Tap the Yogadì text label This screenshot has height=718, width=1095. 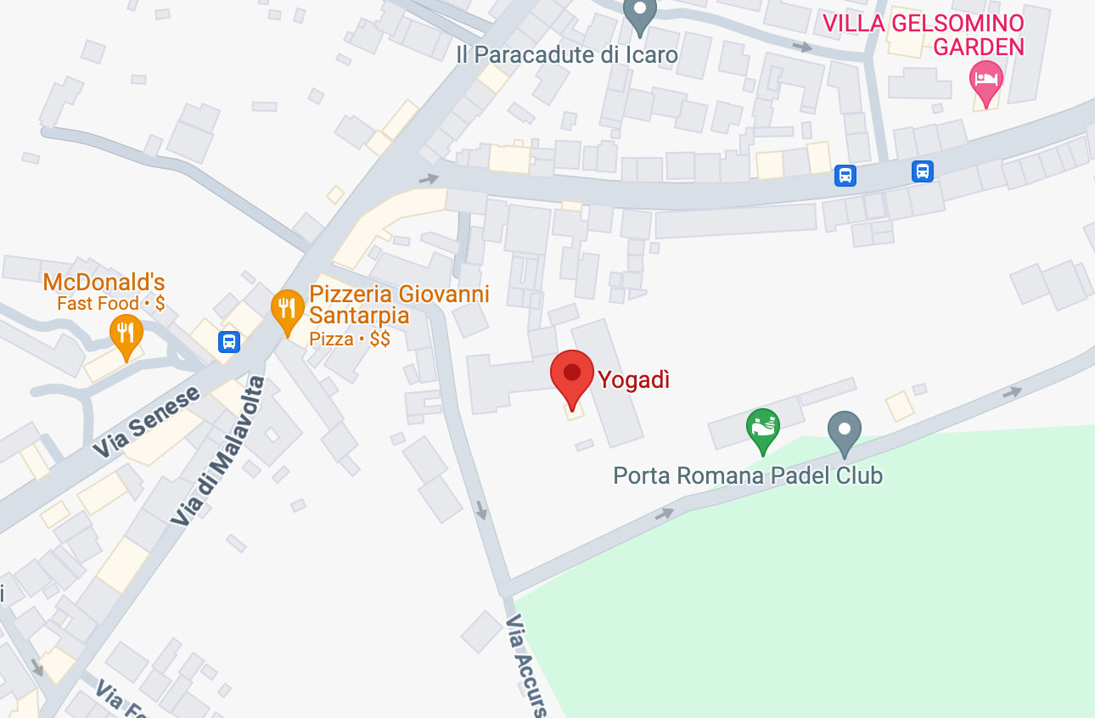634,380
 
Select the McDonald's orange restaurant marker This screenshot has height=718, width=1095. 126,334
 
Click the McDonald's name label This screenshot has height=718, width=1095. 104,283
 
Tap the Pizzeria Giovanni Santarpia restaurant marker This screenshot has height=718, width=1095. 288,311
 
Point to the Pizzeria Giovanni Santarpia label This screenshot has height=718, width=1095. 399,305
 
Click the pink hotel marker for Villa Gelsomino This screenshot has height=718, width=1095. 985,81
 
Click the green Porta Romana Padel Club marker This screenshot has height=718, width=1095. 762,429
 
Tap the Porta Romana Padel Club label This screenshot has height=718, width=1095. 748,475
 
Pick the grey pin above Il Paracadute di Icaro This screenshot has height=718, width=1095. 640,15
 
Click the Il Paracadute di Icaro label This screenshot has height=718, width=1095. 567,55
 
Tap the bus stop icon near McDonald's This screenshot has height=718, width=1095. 228,342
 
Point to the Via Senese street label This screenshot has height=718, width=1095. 145,422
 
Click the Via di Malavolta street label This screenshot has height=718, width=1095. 218,452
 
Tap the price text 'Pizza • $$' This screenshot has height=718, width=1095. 350,339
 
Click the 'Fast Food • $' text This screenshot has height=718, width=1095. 110,304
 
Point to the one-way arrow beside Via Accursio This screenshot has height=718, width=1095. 481,509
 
